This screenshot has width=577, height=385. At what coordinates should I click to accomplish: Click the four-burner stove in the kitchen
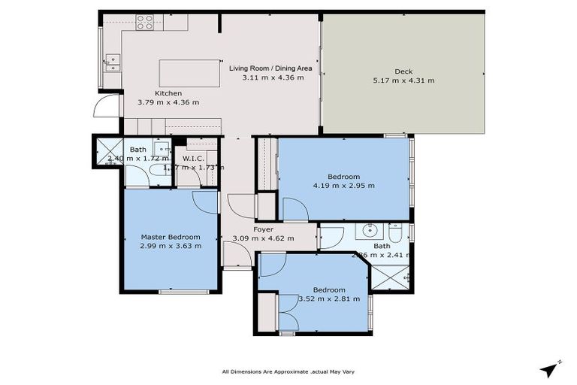click(144, 23)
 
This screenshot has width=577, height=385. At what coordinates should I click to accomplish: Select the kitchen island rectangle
click(189, 73)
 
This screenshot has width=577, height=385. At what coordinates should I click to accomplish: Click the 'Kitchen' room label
click(168, 93)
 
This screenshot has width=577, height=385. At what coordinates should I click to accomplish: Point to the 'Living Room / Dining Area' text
click(270, 68)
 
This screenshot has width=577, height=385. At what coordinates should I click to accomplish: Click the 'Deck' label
click(403, 71)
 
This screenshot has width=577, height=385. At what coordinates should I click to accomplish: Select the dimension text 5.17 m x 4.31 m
click(403, 80)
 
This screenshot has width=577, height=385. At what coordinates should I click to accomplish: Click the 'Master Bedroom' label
click(170, 237)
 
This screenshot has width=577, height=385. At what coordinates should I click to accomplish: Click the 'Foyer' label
click(263, 229)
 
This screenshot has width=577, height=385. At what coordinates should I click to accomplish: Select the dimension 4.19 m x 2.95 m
click(345, 185)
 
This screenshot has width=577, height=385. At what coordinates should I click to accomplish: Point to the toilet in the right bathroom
click(396, 231)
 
